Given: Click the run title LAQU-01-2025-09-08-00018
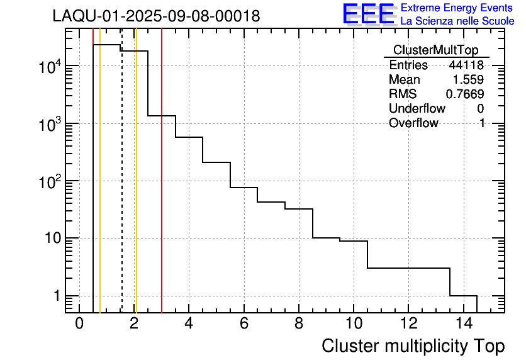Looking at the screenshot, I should (x=156, y=16).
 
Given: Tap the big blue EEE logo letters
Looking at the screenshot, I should (x=369, y=14).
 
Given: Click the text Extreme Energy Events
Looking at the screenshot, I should (x=456, y=8).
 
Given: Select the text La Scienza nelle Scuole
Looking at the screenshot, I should (x=457, y=21).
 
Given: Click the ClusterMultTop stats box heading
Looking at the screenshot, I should (x=435, y=50).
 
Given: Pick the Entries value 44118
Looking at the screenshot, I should (x=466, y=65).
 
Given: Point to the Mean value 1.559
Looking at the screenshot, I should (x=468, y=80).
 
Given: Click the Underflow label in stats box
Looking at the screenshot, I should (x=417, y=109).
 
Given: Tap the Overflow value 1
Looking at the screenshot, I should (x=482, y=123).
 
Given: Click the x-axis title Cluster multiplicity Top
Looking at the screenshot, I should (x=413, y=346).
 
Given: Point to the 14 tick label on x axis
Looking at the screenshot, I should (x=462, y=324).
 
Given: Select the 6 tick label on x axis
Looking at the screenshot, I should (x=243, y=324).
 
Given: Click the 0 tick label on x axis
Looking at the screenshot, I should (x=79, y=324).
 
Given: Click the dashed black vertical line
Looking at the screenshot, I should (x=121, y=189).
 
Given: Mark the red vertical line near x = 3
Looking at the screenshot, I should (x=162, y=189).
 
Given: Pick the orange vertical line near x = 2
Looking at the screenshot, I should (x=136, y=189).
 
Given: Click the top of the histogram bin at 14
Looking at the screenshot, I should (x=463, y=295).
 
